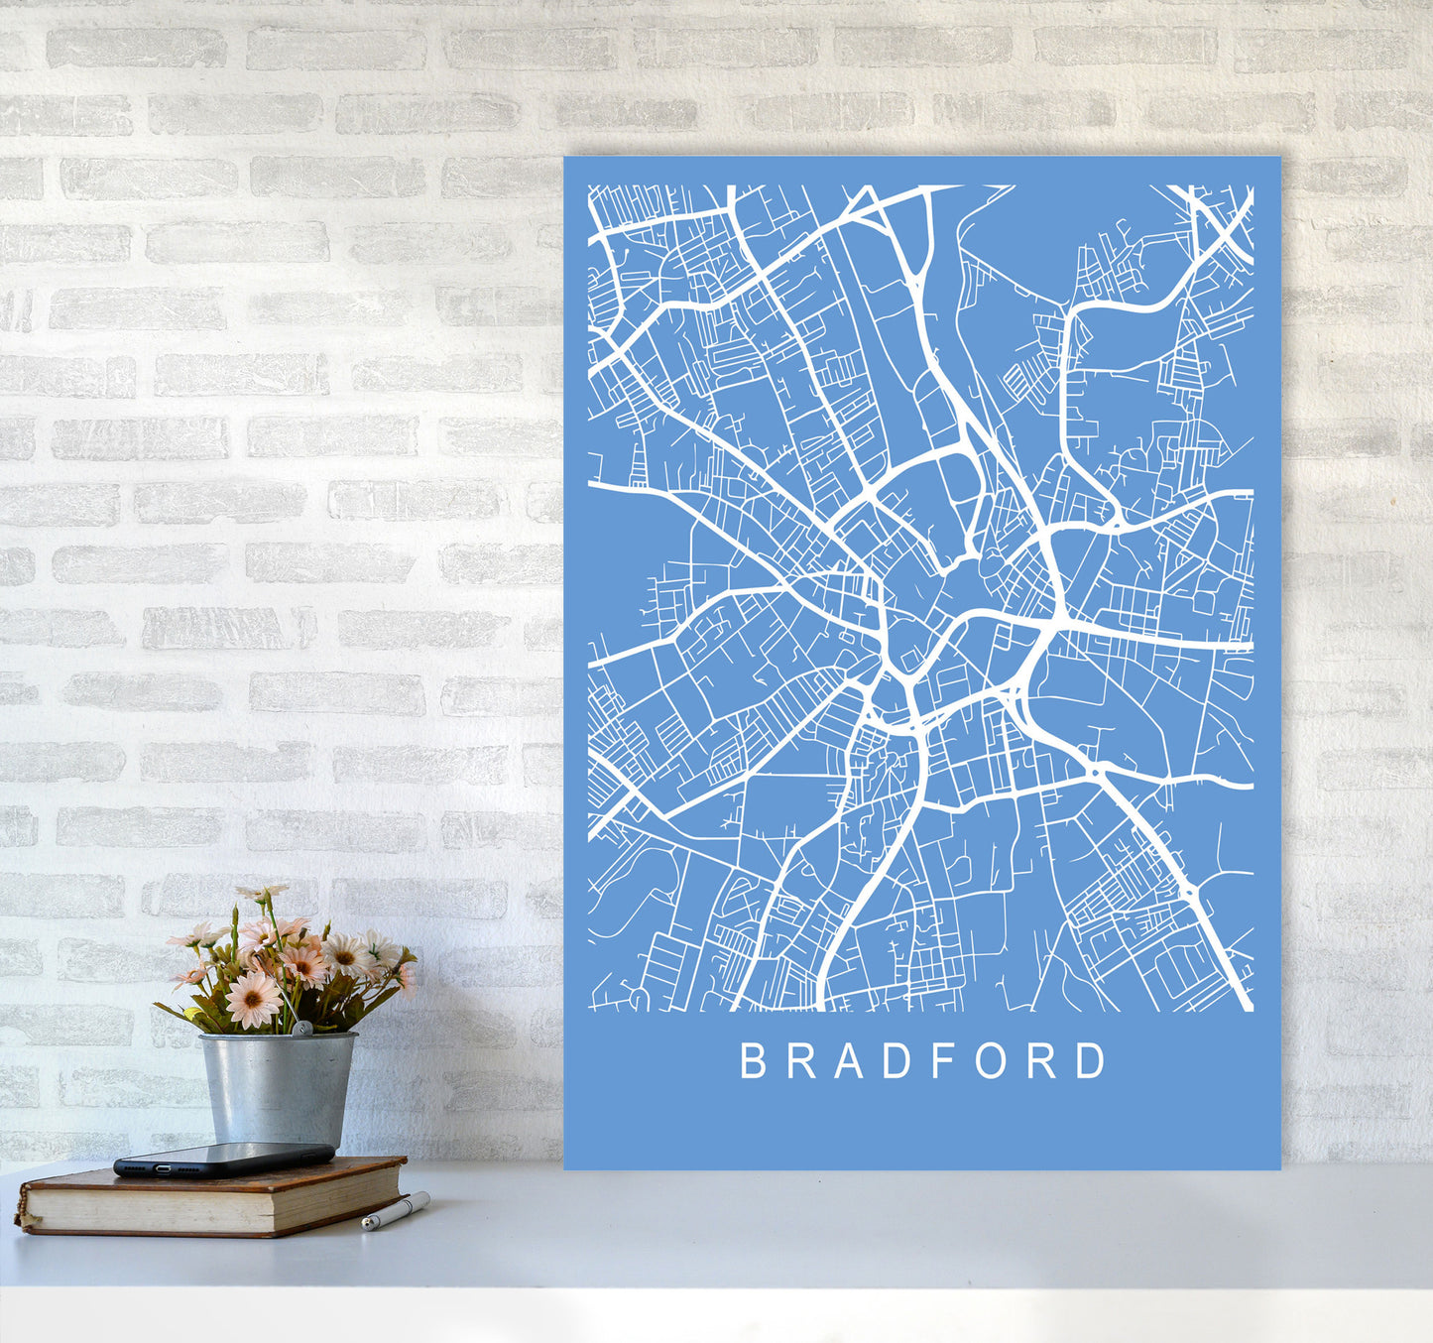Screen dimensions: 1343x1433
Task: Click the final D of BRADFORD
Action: [1091, 1060]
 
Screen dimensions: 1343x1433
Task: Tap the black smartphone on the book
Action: [223, 1158]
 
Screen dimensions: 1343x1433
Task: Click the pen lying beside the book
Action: [395, 1211]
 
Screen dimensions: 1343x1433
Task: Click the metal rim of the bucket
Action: [278, 1038]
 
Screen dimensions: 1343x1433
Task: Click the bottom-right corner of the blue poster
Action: [1278, 1167]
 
